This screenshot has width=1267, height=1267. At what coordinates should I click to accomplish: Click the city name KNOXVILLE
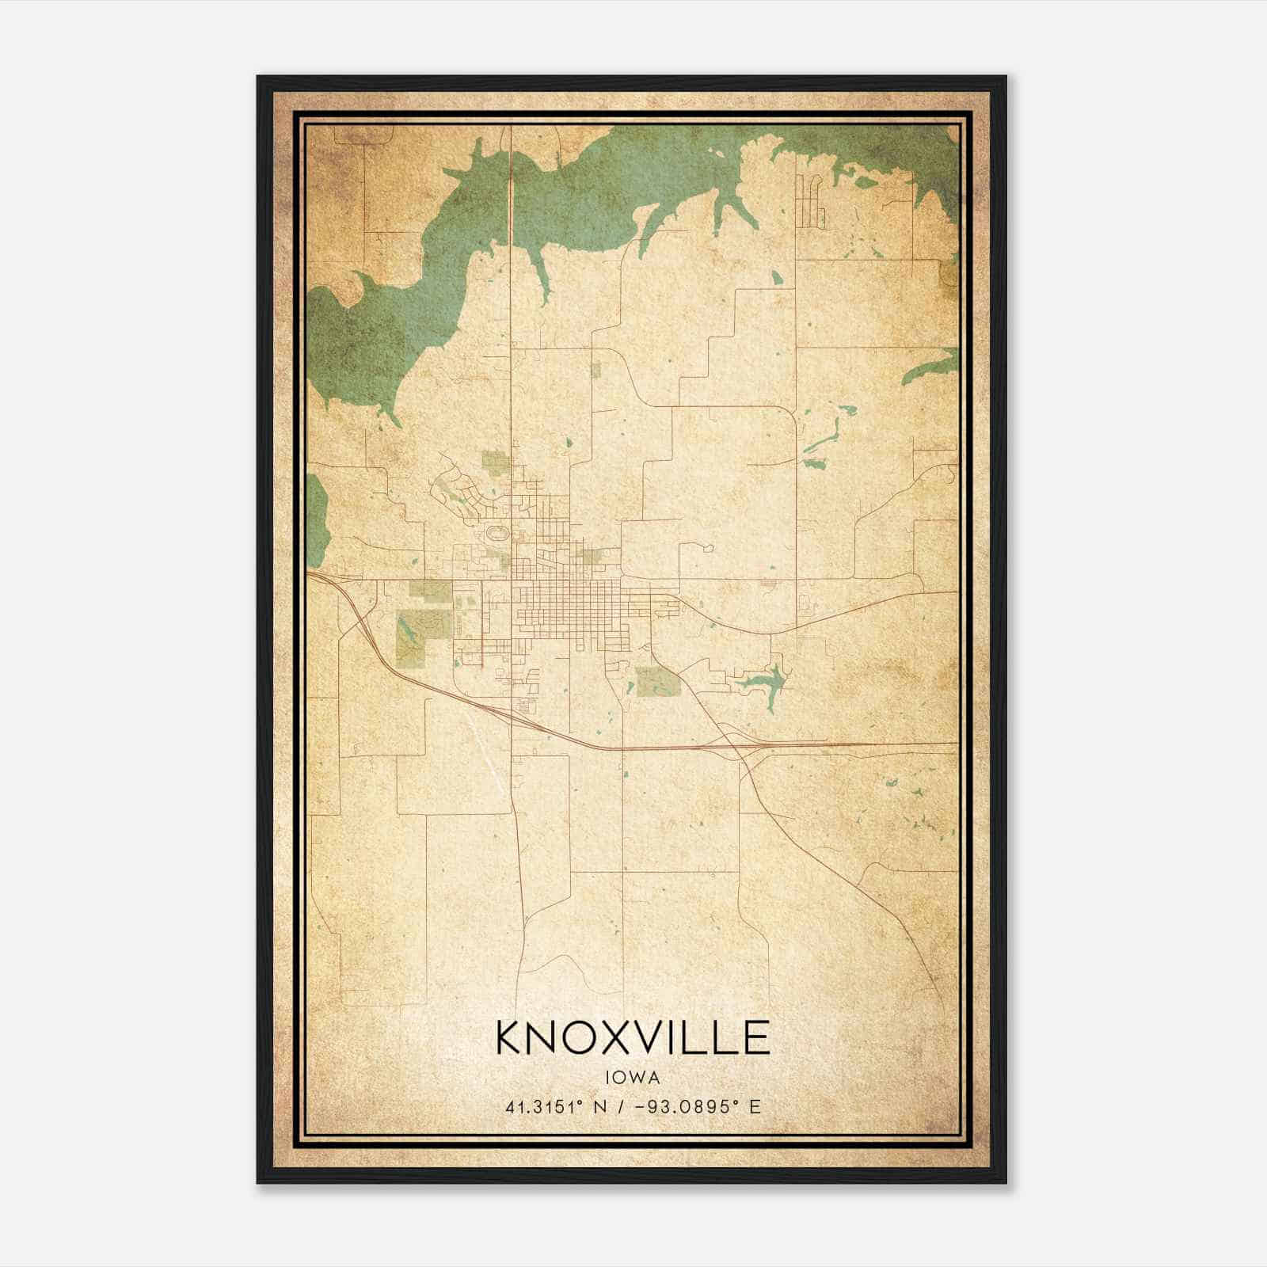click(x=633, y=1037)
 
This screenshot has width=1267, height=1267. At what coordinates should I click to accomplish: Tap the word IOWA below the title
click(x=633, y=1077)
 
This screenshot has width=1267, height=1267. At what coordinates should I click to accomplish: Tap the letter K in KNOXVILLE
click(x=511, y=1037)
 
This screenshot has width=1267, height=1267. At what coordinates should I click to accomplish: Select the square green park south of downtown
click(x=657, y=681)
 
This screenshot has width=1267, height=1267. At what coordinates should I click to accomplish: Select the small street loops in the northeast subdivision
click(x=811, y=202)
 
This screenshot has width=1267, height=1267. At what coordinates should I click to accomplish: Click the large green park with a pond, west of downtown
click(x=416, y=633)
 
